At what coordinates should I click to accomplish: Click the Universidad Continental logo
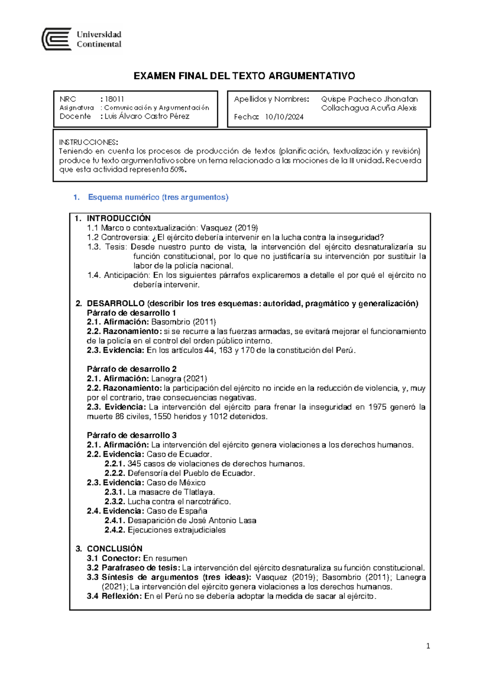click(82, 39)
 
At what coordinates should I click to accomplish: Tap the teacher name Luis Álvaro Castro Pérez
click(147, 117)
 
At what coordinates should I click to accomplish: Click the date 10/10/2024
click(284, 117)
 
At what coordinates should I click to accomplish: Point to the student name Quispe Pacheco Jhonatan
click(369, 99)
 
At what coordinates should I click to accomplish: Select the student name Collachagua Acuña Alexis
click(368, 108)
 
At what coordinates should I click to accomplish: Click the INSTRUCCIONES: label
click(88, 142)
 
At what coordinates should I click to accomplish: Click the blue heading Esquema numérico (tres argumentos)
click(158, 197)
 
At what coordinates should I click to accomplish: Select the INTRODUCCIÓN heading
click(119, 218)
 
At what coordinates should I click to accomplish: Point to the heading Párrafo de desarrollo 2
click(132, 369)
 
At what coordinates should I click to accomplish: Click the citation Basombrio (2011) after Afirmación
click(183, 322)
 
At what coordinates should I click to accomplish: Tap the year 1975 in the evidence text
click(377, 407)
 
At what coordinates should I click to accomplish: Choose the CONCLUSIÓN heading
click(115, 549)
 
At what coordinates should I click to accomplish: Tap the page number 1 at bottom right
click(428, 646)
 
